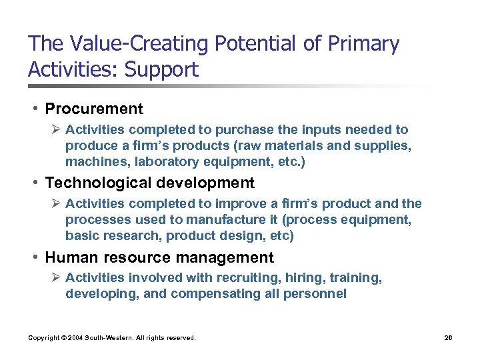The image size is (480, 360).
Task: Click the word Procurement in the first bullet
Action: (94, 109)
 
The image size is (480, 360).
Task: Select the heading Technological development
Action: (149, 183)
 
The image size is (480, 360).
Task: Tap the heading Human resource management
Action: (159, 257)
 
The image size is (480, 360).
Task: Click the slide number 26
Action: (448, 338)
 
